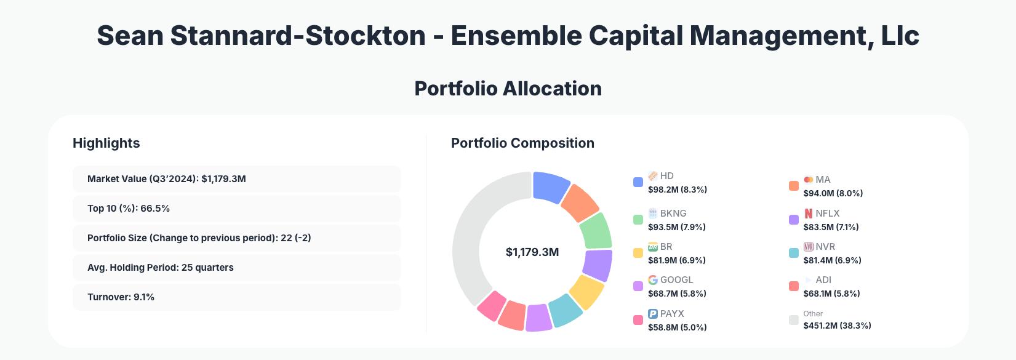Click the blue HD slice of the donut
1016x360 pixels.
click(x=550, y=186)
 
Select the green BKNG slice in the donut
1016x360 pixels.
click(x=596, y=230)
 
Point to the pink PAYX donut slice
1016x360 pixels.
click(x=492, y=305)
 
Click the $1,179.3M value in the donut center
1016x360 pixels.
click(x=532, y=252)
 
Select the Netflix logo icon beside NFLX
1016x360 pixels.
click(x=809, y=214)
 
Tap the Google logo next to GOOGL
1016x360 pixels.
click(x=653, y=280)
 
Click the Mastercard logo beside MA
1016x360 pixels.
click(x=809, y=180)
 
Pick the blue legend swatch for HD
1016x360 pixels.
click(x=638, y=182)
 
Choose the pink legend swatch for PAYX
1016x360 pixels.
click(x=638, y=320)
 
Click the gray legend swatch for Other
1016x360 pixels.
click(x=794, y=320)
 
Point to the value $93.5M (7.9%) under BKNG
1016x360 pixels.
click(x=677, y=227)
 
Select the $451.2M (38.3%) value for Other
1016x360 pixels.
click(x=837, y=326)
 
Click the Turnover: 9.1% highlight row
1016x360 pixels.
click(x=236, y=297)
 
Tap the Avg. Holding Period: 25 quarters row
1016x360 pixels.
click(x=236, y=268)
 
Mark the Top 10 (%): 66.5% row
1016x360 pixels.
click(x=236, y=209)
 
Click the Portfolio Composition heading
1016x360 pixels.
click(x=522, y=143)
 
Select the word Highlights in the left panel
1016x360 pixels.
click(x=106, y=143)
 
